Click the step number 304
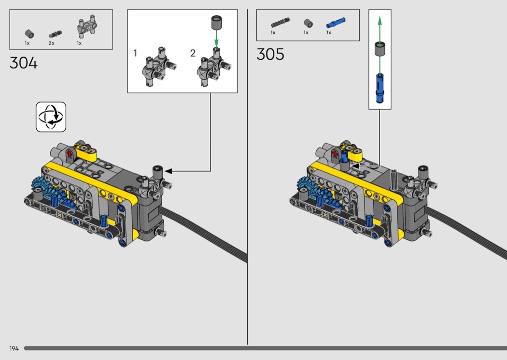pos(24,63)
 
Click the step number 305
pos(270,54)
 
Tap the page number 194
pos(14,348)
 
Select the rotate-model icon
pos(51,117)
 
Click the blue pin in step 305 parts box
pos(336,23)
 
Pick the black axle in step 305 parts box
pos(281,23)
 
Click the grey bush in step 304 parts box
pos(29,34)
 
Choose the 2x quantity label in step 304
pos(51,43)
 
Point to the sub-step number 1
pos(135,53)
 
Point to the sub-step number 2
pos(193,53)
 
